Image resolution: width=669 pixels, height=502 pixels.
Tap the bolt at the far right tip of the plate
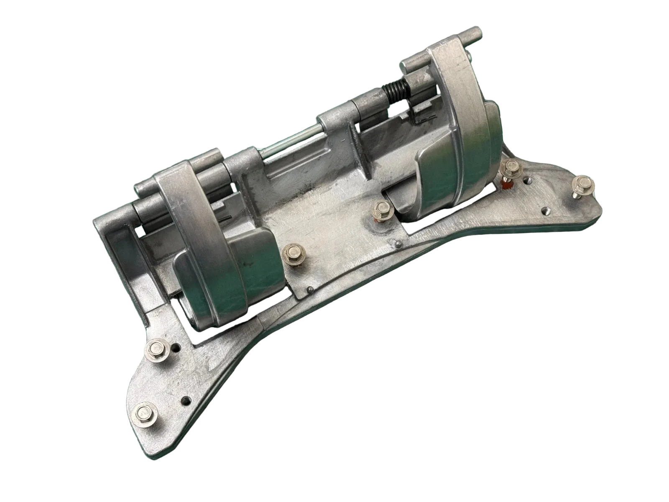[581, 183]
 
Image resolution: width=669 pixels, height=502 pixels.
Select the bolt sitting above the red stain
[509, 168]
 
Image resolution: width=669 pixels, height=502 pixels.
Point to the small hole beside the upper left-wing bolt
[179, 347]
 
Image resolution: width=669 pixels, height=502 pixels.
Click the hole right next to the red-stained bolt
[528, 181]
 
